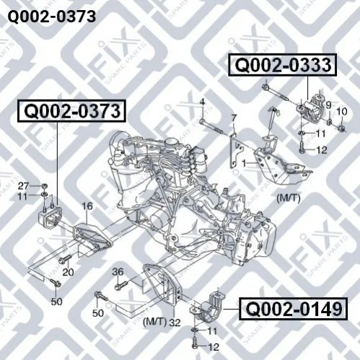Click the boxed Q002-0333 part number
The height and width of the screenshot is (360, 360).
click(283, 65)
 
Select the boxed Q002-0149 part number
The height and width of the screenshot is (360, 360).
click(293, 309)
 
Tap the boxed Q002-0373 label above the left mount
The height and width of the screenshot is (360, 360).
click(72, 111)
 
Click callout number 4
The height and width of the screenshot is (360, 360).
click(203, 102)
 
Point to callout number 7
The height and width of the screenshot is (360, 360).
click(234, 118)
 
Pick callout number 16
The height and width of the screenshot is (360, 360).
click(87, 206)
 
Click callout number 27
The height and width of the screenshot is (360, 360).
click(24, 186)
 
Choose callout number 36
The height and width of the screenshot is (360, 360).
click(118, 272)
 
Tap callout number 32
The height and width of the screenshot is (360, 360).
click(175, 322)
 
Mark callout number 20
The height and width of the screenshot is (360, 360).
click(68, 272)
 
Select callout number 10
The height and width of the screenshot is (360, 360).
click(342, 111)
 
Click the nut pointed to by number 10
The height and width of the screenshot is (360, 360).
click(341, 129)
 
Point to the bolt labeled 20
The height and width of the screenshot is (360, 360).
click(65, 259)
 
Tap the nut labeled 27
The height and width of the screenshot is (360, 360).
click(45, 186)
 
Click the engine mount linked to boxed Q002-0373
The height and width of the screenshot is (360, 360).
click(50, 216)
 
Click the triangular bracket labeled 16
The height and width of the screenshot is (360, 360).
click(92, 236)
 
